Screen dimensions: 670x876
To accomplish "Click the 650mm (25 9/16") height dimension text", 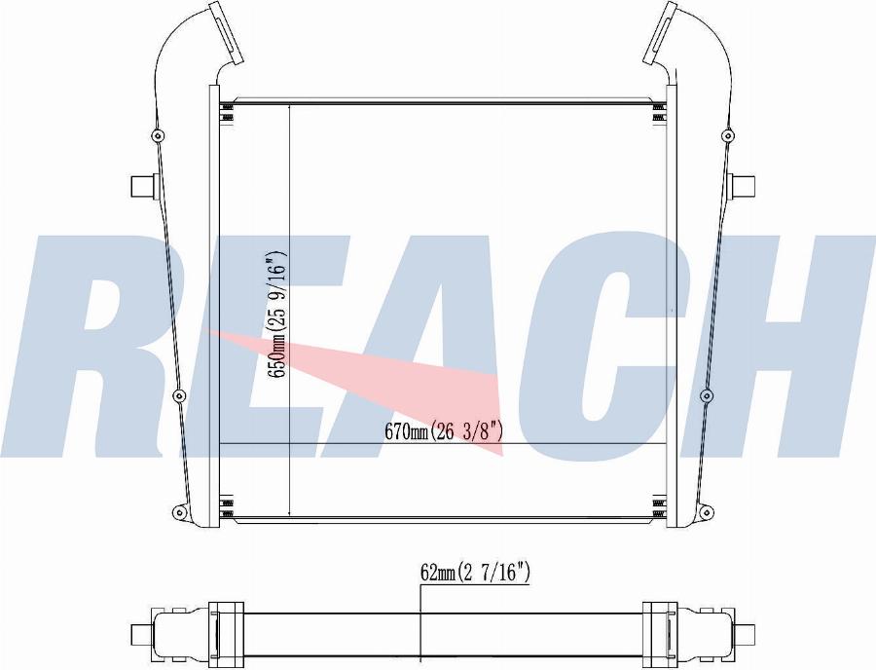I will [x=277, y=315].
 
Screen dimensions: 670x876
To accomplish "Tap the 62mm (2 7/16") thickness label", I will [x=475, y=573].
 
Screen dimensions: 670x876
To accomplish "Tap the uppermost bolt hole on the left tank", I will [x=157, y=135].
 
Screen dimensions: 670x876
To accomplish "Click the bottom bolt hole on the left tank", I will [x=177, y=511].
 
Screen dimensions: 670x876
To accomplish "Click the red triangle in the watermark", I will [x=428, y=380].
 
